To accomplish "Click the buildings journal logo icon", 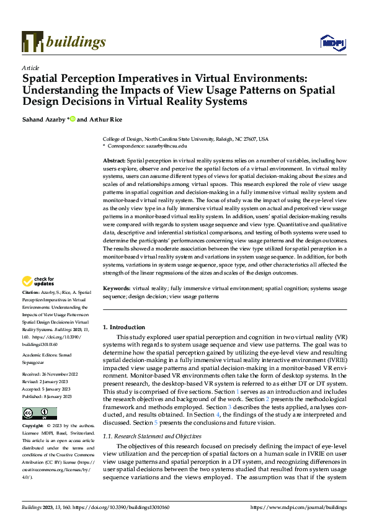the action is (32, 42).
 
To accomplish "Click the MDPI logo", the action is (332, 42).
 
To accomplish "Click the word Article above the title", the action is (30, 68).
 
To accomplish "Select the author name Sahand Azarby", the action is (43, 118).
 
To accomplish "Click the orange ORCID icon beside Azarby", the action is (73, 118).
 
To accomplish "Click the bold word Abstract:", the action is (114, 161).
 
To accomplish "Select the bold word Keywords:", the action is (116, 289).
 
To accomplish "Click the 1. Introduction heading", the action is (124, 327).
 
